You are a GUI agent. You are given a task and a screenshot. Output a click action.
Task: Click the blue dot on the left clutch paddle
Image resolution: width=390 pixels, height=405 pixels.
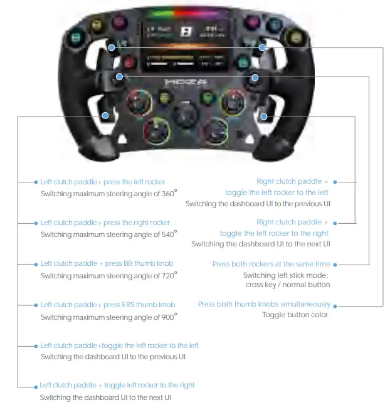105,116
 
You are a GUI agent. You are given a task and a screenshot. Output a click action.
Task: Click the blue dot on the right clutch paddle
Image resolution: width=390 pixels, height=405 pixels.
264,116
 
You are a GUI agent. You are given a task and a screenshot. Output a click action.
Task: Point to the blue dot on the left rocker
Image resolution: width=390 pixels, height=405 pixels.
119,76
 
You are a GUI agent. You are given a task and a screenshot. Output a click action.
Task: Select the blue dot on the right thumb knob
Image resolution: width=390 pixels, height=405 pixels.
263,47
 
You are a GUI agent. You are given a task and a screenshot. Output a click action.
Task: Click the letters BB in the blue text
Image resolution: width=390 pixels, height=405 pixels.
129,264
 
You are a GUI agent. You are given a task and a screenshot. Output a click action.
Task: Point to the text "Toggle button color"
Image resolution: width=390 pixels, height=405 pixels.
295,315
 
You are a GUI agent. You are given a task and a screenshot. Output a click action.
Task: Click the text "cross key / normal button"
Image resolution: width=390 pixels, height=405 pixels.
287,285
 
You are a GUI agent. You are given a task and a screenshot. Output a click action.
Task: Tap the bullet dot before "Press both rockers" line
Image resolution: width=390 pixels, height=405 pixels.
335,265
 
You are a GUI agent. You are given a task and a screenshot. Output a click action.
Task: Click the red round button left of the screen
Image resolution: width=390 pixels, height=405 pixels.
129,63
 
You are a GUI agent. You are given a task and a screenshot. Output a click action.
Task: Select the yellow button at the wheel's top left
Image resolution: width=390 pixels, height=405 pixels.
97,26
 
